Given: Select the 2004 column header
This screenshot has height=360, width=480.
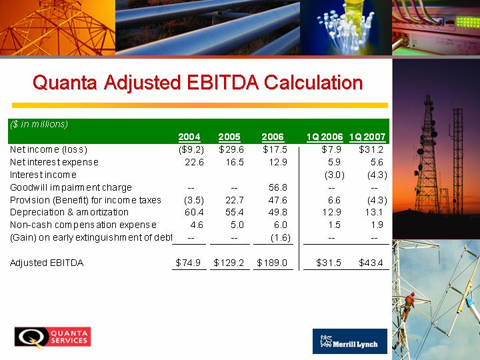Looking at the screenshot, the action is pyautogui.click(x=189, y=137).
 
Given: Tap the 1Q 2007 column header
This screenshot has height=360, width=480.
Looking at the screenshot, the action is pyautogui.click(x=367, y=137).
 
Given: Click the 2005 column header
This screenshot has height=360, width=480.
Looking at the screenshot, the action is pyautogui.click(x=229, y=137).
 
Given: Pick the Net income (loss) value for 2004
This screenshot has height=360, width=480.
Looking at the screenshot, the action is pyautogui.click(x=191, y=149).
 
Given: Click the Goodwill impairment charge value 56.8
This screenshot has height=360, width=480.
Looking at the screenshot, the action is pyautogui.click(x=278, y=187).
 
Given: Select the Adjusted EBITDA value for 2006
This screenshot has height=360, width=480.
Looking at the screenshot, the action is pyautogui.click(x=272, y=263).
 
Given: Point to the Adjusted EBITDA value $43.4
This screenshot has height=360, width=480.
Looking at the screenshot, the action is pyautogui.click(x=371, y=263).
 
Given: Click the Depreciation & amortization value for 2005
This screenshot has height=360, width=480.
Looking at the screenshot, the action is pyautogui.click(x=235, y=212).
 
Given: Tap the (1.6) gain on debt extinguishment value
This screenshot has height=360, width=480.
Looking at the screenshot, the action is pyautogui.click(x=281, y=237).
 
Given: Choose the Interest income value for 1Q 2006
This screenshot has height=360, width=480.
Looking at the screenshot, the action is pyautogui.click(x=335, y=175).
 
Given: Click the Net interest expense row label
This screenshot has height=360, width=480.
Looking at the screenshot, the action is pyautogui.click(x=54, y=162).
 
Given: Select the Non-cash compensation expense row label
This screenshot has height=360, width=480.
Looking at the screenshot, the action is pyautogui.click(x=83, y=225).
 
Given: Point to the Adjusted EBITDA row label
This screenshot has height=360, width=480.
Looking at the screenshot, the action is pyautogui.click(x=47, y=263).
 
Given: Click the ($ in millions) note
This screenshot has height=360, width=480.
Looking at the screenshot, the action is pyautogui.click(x=39, y=124).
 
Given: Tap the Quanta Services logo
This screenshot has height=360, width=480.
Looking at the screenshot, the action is pyautogui.click(x=53, y=337).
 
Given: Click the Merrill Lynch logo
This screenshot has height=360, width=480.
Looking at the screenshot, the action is pyautogui.click(x=350, y=341).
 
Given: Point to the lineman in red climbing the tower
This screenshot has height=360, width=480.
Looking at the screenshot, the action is pyautogui.click(x=408, y=305).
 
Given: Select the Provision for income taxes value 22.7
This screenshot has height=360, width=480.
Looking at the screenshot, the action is pyautogui.click(x=235, y=200).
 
